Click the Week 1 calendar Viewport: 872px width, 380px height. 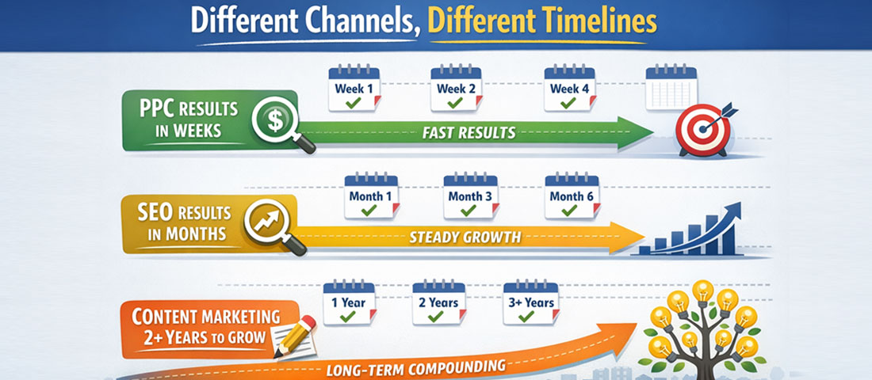click(x=354, y=88)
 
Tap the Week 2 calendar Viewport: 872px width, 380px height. click(x=456, y=88)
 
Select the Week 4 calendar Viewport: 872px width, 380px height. click(x=570, y=88)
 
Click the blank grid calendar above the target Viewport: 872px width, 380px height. click(x=671, y=88)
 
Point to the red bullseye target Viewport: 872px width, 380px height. click(x=702, y=129)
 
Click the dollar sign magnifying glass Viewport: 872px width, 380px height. click(x=277, y=123)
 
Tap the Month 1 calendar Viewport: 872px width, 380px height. click(x=370, y=196)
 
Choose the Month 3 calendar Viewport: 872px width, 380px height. click(x=470, y=196)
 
